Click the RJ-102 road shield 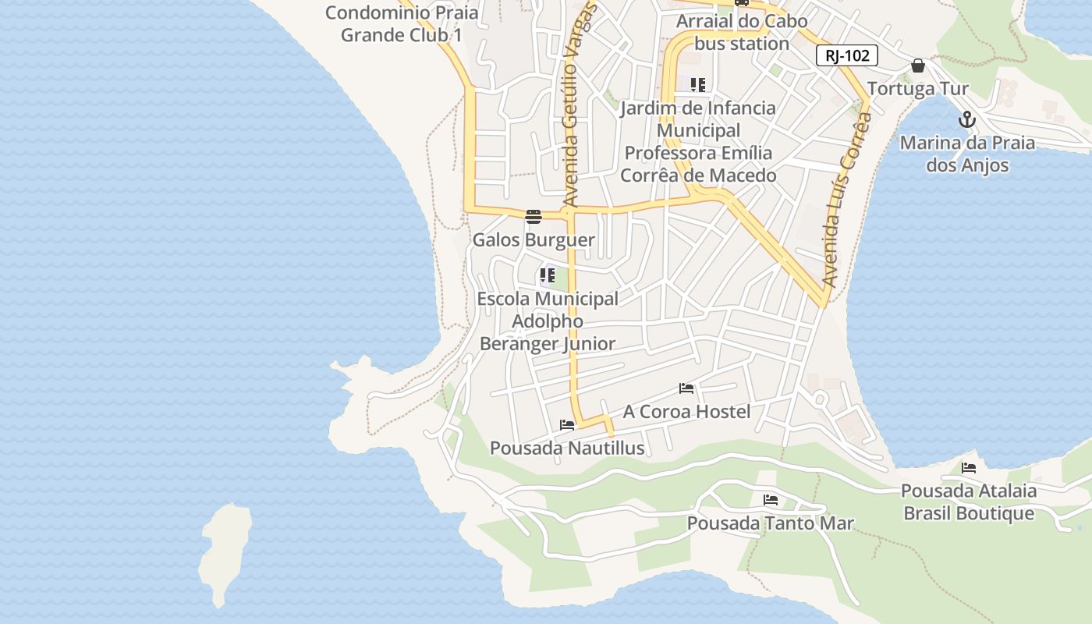847,55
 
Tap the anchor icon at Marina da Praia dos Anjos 967,120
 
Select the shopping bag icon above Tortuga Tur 918,66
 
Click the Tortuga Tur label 917,88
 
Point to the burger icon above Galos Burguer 534,216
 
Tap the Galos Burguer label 534,240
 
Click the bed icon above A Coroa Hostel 686,388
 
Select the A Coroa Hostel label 686,411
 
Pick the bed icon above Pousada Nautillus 567,425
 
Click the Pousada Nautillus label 567,448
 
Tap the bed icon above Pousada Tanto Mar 771,500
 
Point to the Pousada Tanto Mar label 771,523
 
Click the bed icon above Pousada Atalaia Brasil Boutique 969,468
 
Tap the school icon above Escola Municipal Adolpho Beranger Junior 548,275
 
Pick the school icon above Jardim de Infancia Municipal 698,85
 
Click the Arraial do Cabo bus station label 742,32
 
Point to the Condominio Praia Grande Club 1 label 402,23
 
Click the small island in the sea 225,550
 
